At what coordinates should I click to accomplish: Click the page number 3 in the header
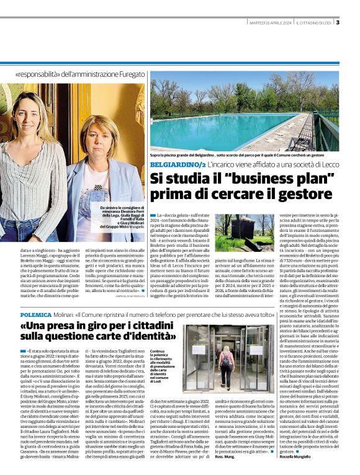tap(338, 24)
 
